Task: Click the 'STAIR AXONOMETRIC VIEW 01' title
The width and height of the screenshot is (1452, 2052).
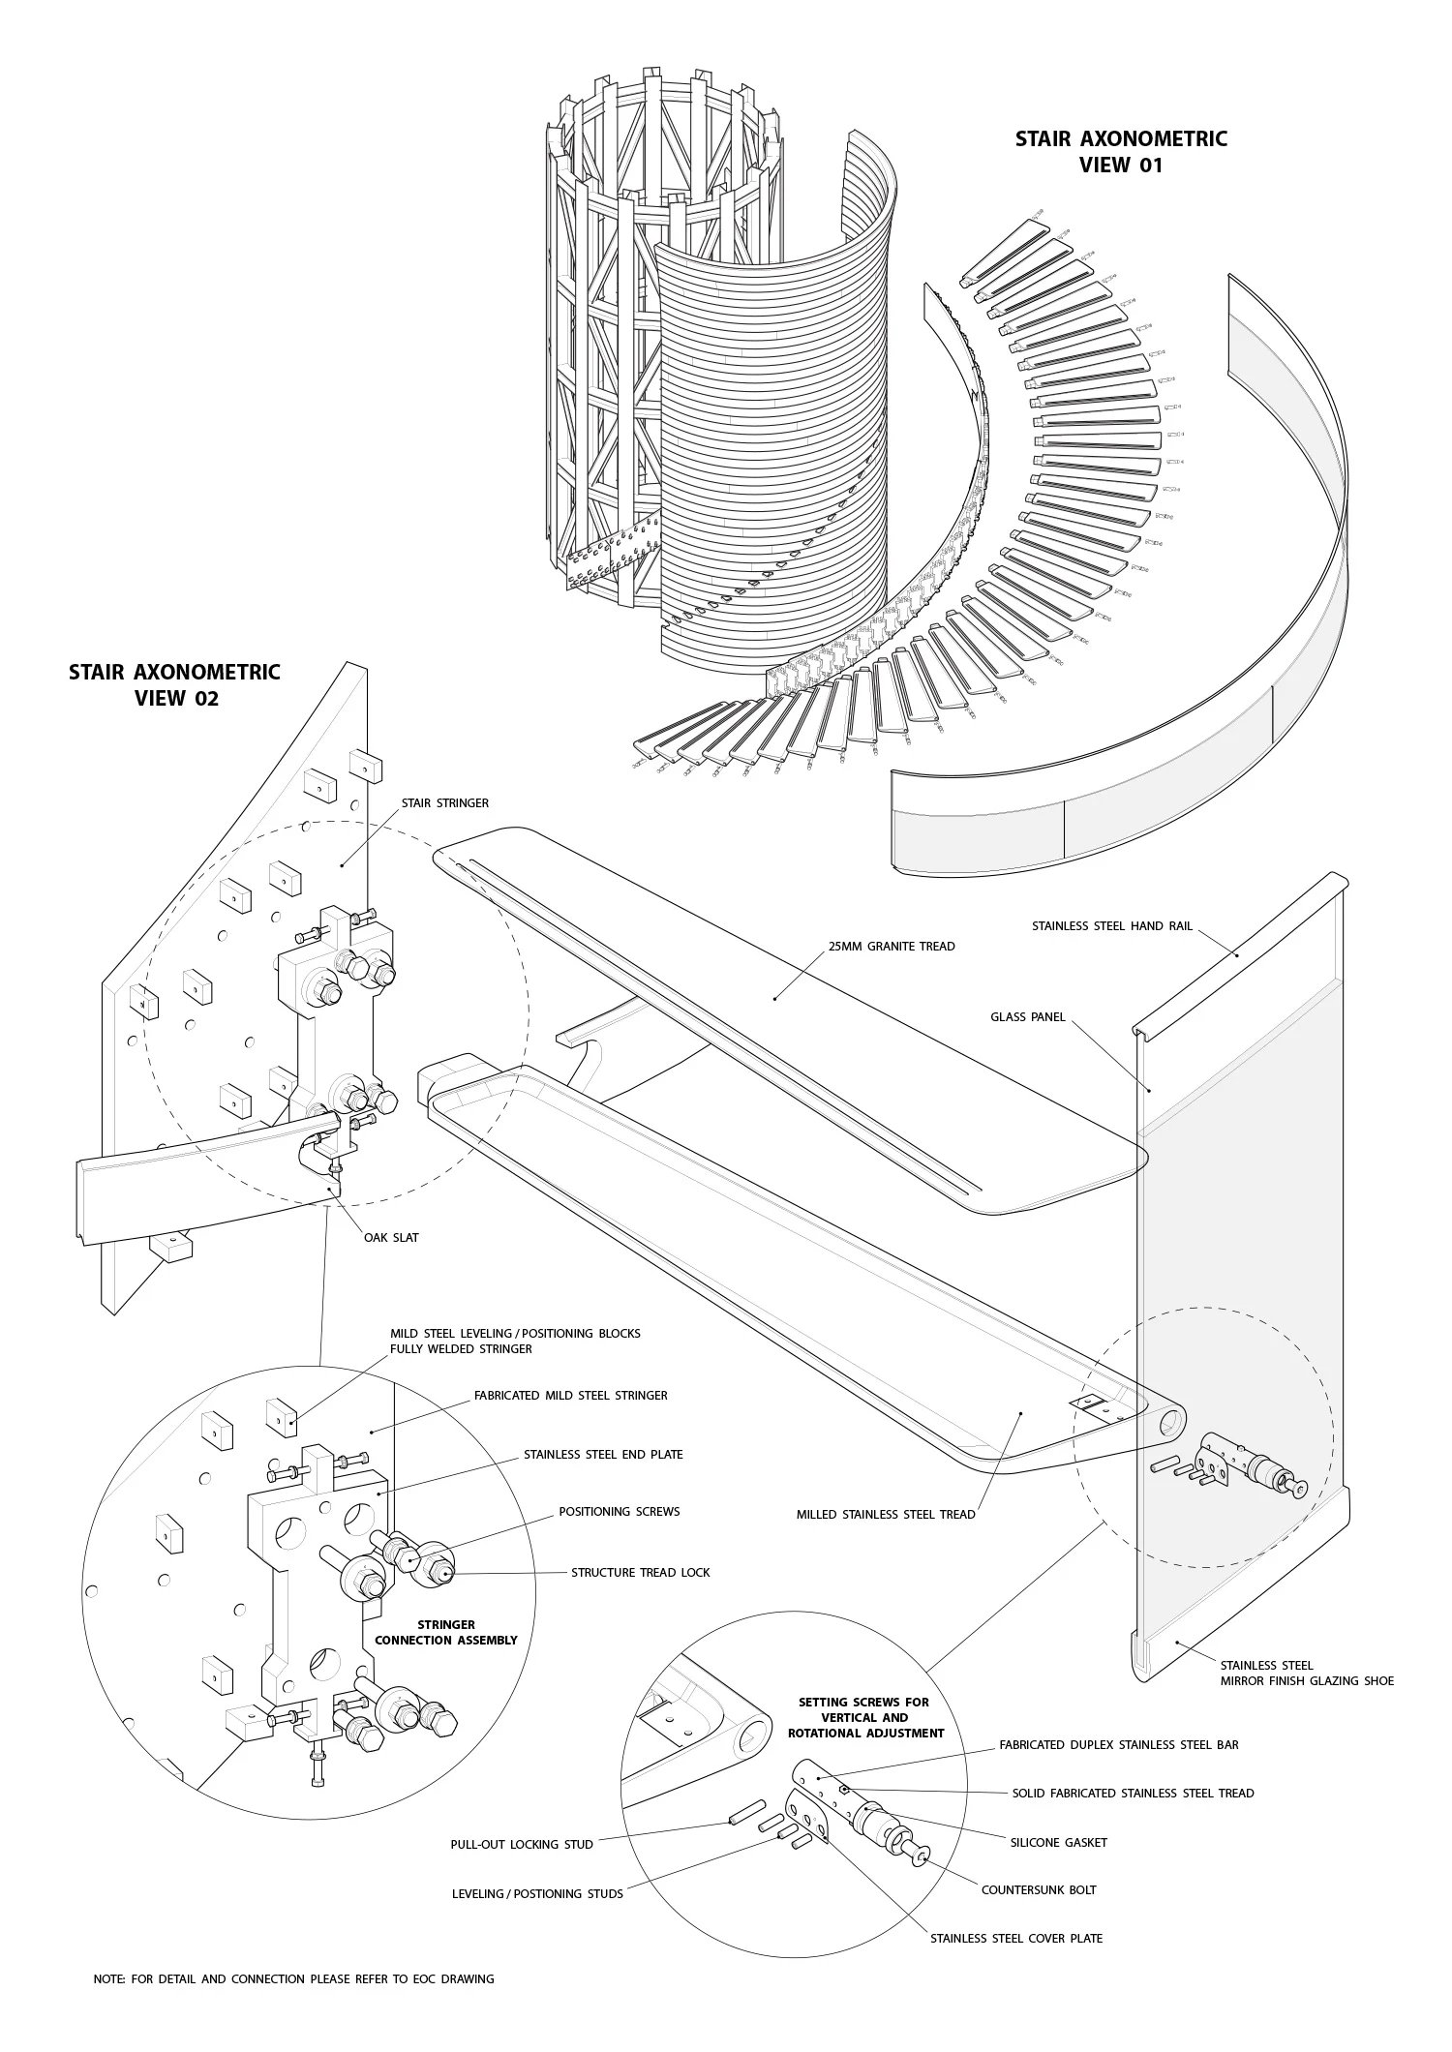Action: [x=1120, y=151]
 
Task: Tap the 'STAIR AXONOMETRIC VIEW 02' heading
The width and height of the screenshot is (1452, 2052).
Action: [x=174, y=684]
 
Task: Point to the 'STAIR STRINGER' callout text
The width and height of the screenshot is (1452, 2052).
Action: [x=445, y=802]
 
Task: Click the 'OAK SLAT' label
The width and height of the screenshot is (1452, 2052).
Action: [x=391, y=1237]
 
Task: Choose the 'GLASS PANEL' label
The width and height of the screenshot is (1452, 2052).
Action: [x=1027, y=1017]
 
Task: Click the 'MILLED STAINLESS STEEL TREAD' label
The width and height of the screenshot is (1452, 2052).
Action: [x=886, y=1514]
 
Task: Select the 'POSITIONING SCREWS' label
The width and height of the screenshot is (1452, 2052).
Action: [x=619, y=1511]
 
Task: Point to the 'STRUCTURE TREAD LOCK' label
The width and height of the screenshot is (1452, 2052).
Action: [x=640, y=1572]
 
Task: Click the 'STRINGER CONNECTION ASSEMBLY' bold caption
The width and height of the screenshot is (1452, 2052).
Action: [x=445, y=1632]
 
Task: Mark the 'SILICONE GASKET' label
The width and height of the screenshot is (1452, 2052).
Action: [x=1058, y=1842]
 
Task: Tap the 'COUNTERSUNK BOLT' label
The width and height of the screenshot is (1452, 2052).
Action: [x=1039, y=1889]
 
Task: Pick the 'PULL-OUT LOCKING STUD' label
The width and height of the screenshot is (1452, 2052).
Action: [x=522, y=1844]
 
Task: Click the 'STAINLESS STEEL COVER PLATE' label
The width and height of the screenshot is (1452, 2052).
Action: [x=1016, y=1938]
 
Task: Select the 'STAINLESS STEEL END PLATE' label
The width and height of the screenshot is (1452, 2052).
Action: [x=603, y=1454]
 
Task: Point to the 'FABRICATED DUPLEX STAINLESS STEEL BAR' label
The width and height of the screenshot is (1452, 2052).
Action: [x=1118, y=1744]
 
